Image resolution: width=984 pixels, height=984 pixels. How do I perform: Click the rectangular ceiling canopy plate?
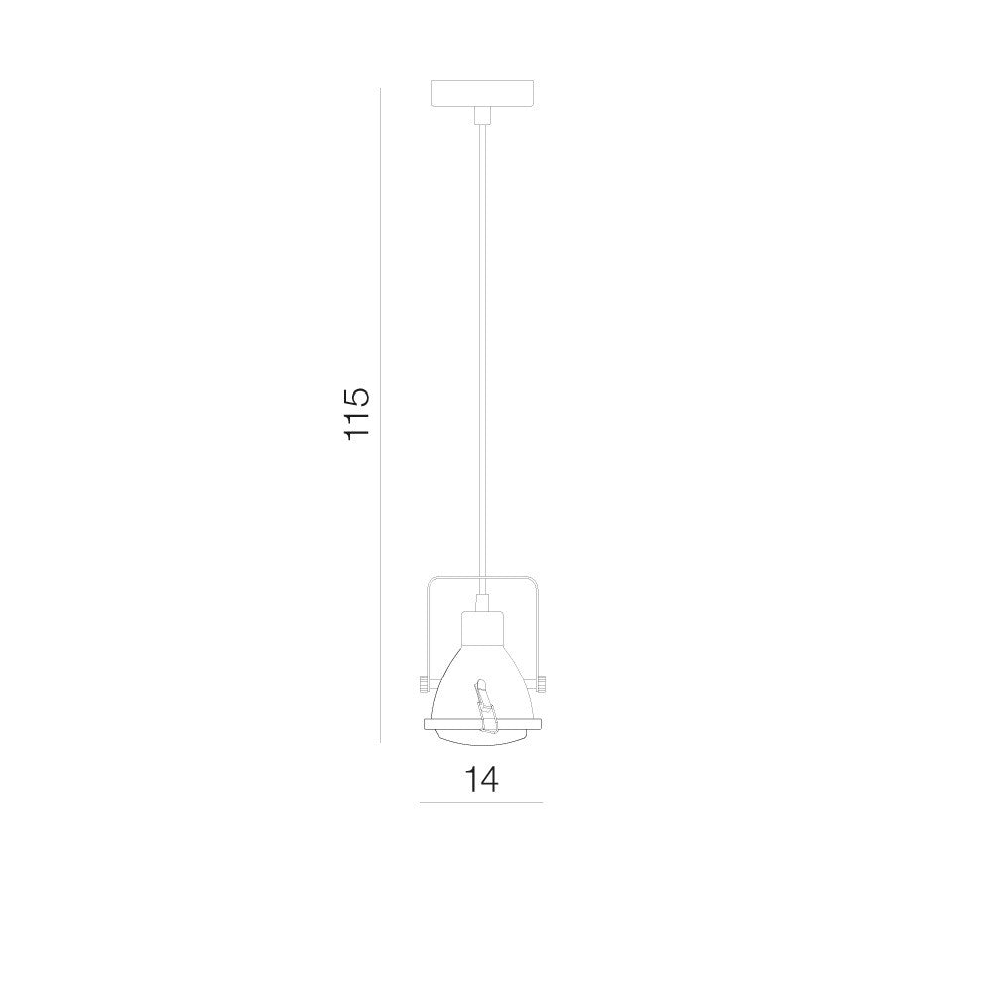pos(482,93)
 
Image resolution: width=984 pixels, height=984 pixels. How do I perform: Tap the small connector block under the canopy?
pos(482,115)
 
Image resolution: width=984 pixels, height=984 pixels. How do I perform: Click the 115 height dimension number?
pos(357,414)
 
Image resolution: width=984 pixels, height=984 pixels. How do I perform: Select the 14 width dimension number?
pos(481,779)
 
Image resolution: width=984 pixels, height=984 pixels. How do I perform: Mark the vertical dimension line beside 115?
pos(380,416)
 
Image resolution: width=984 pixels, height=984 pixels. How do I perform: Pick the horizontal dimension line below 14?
pos(481,802)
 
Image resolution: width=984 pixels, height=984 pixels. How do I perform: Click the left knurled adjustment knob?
pos(422,682)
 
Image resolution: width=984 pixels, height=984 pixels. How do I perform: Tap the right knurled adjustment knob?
pos(541,682)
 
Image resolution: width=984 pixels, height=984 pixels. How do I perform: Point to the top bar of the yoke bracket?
pos(482,577)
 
